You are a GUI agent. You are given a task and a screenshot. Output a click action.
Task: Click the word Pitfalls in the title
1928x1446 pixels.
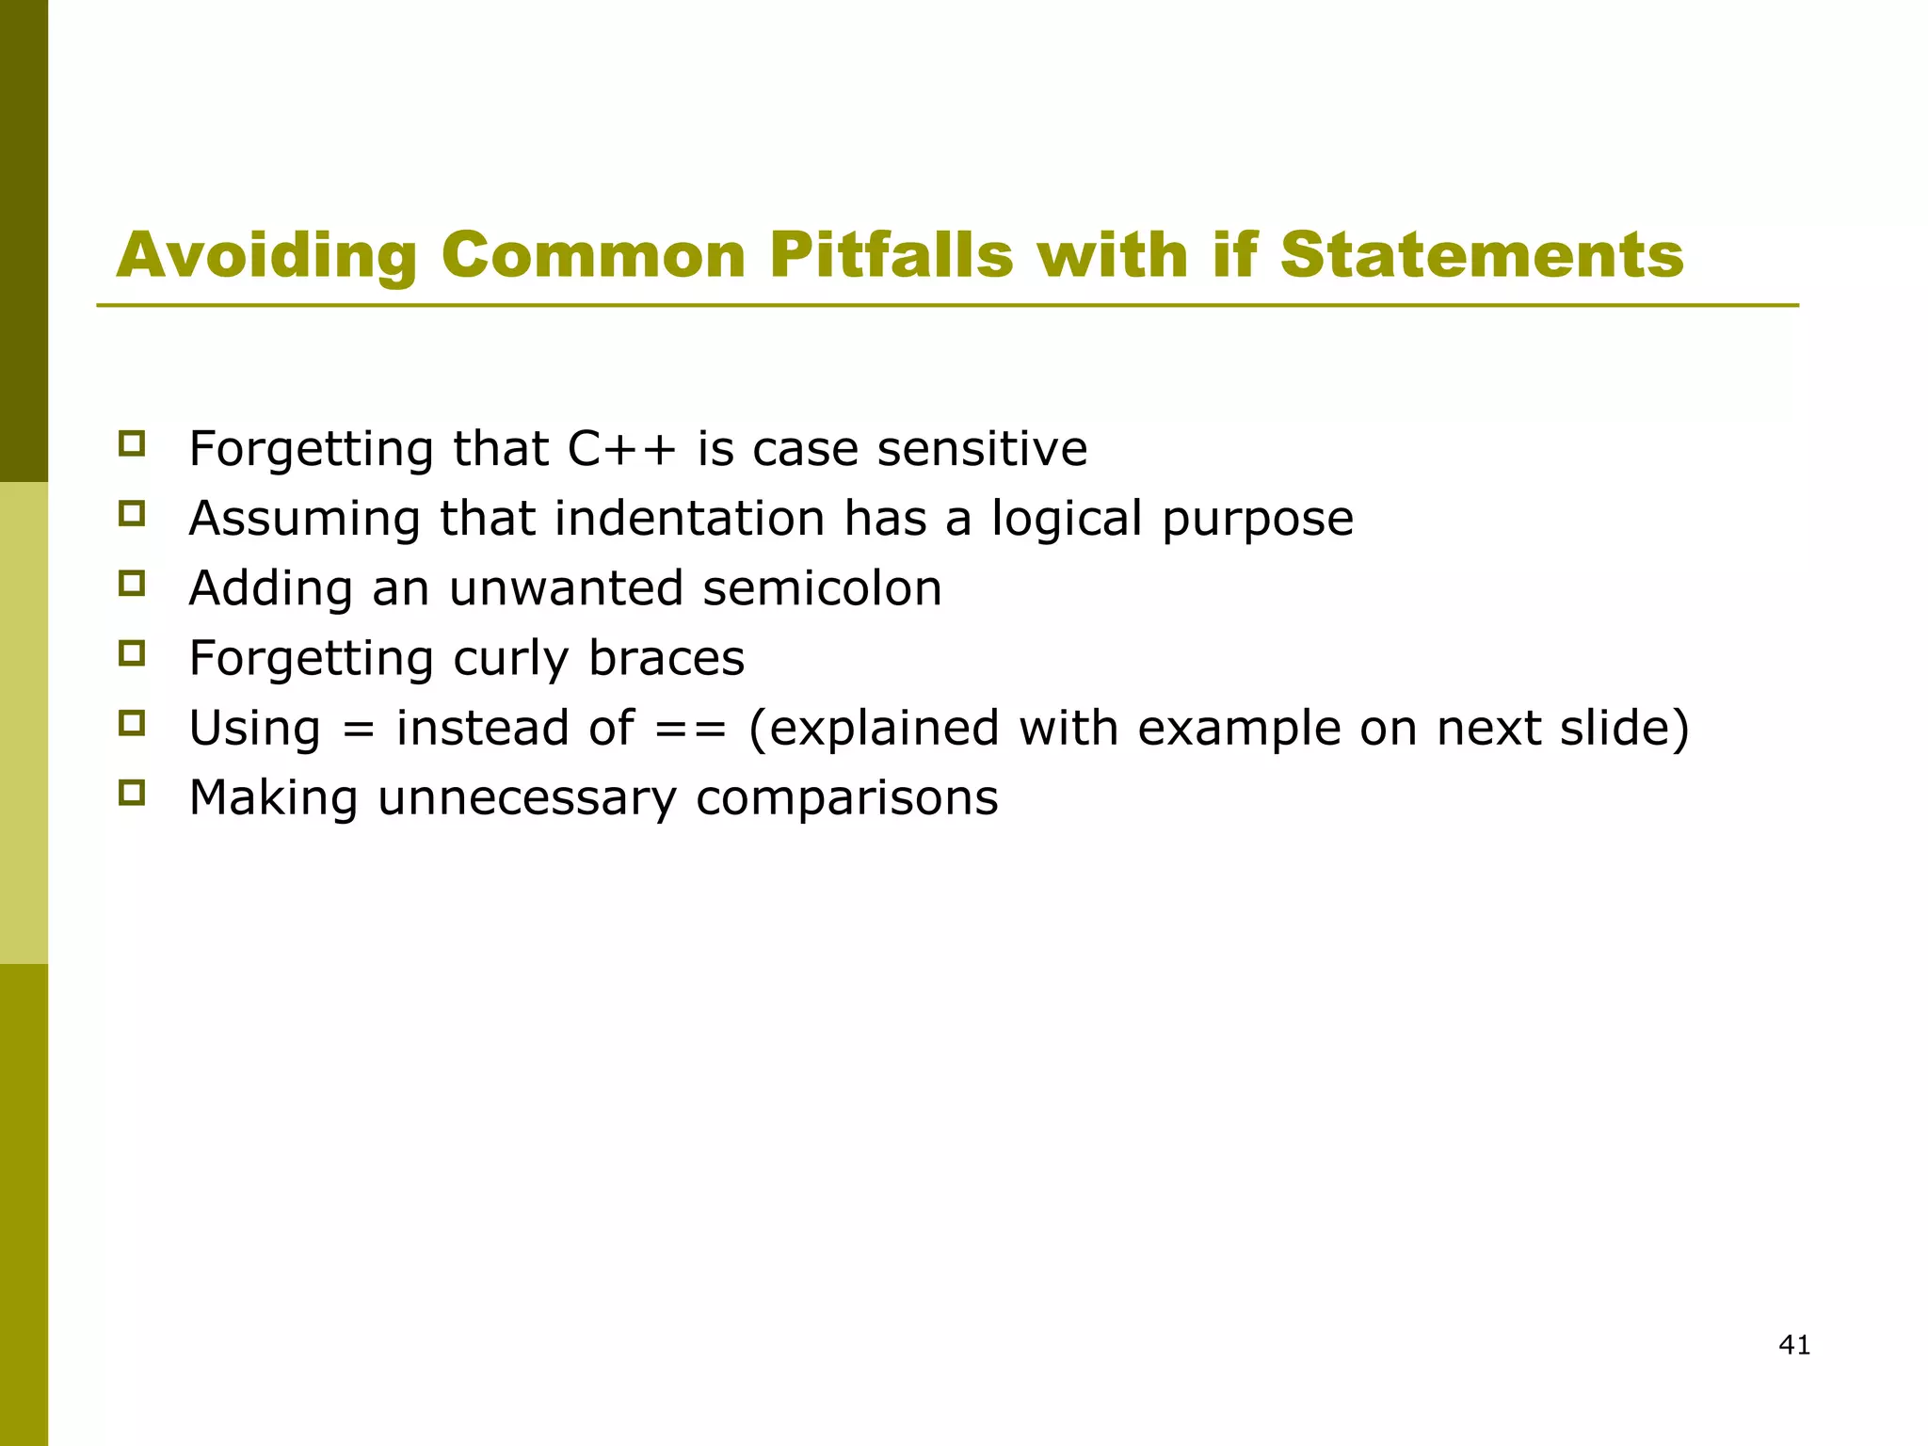890,255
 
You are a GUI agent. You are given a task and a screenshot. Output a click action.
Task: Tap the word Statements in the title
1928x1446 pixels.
1481,255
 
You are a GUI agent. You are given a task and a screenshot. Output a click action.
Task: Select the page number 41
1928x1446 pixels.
1794,1345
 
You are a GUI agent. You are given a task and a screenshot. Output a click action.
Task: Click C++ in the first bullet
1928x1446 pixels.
621,448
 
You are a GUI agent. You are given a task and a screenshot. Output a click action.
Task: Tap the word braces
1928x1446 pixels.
667,658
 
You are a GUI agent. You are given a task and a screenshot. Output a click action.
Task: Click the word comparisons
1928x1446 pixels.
846,798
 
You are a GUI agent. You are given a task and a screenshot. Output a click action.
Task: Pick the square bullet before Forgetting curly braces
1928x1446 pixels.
132,652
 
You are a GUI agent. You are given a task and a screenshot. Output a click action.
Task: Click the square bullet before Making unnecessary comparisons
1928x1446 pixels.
132,792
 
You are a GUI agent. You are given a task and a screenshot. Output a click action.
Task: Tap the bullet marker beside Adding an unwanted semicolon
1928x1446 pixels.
132,583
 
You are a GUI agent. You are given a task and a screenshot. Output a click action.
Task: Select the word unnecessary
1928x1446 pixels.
527,798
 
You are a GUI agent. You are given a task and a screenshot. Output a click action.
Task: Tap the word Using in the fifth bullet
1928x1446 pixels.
255,729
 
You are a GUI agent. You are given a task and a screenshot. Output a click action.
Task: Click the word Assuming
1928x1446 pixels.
304,520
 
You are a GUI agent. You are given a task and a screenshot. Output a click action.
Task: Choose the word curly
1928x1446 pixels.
510,658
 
